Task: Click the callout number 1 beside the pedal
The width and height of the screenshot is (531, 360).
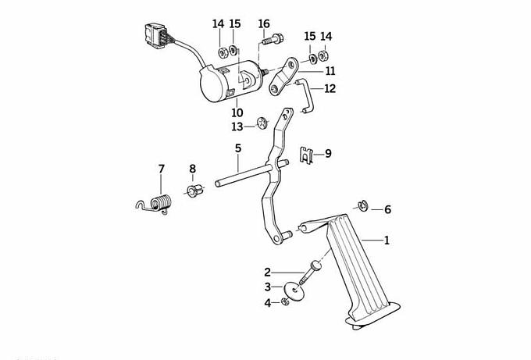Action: click(386, 241)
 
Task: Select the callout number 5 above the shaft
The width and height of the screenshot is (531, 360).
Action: click(237, 148)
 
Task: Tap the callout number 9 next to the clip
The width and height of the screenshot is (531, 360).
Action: click(328, 154)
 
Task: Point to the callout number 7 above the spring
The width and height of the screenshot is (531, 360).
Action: click(162, 169)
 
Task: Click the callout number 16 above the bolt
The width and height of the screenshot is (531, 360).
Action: click(264, 23)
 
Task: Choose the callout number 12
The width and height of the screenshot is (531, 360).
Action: click(330, 89)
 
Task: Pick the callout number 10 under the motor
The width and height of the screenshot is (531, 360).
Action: click(237, 112)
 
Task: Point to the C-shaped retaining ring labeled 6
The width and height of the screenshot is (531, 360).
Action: click(362, 206)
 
